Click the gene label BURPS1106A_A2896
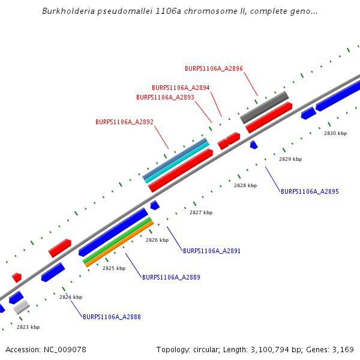click(214, 69)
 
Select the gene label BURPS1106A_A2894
click(181, 88)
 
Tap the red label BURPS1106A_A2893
click(165, 97)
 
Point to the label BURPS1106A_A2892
click(124, 122)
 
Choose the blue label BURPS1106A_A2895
click(310, 192)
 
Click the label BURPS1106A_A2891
click(211, 251)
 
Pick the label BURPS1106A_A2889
click(171, 277)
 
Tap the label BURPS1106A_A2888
click(112, 317)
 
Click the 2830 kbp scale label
click(335, 133)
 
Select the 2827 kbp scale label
click(201, 212)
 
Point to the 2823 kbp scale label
click(28, 327)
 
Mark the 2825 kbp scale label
click(114, 268)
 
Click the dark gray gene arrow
click(265, 107)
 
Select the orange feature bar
click(119, 244)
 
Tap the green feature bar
click(117, 240)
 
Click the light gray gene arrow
click(22, 307)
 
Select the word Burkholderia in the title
click(68, 11)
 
